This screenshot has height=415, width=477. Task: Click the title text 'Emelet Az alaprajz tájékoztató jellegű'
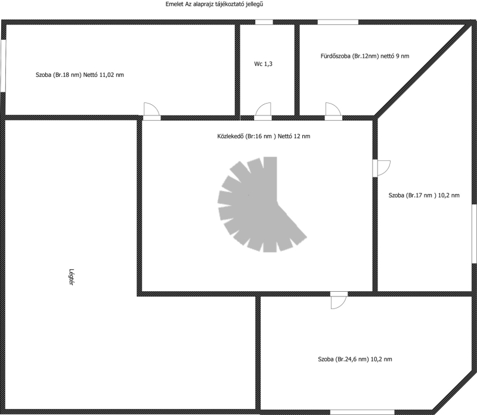[x=214, y=4]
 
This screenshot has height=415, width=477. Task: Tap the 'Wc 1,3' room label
[x=263, y=64]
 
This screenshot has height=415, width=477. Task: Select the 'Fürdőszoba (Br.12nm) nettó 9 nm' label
[x=365, y=56]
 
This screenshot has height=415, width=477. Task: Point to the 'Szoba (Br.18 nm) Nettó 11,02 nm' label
[x=80, y=75]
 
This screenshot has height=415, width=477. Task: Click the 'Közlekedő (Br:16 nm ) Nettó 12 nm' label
[x=264, y=136]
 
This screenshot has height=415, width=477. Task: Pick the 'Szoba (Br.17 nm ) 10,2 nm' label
[x=424, y=195]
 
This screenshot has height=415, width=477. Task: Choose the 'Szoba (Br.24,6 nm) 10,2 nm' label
[x=355, y=359]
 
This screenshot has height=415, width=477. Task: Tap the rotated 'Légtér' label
[x=72, y=277]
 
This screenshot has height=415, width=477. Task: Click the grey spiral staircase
[x=262, y=204]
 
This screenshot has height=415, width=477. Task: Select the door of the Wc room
[x=263, y=111]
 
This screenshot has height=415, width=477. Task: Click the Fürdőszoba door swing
[x=333, y=111]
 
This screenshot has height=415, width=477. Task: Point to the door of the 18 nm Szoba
[x=151, y=111]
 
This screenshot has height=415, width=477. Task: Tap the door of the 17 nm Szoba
[x=381, y=169]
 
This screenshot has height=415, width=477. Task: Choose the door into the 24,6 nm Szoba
[x=339, y=300]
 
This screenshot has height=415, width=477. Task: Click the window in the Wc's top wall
[x=264, y=22]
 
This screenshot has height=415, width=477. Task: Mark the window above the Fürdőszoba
[x=337, y=22]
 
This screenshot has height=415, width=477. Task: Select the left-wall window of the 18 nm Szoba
[x=3, y=65]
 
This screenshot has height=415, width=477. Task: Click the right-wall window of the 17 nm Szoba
[x=474, y=233]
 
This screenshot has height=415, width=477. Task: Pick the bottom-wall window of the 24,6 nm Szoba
[x=362, y=412]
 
